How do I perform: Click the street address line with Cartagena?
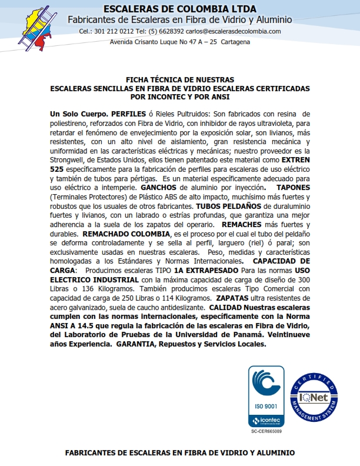(180, 42)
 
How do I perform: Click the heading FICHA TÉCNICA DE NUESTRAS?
(180, 79)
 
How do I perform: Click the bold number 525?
(59, 168)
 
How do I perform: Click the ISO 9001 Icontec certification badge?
(266, 395)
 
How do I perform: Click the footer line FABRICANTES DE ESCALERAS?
(180, 453)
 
